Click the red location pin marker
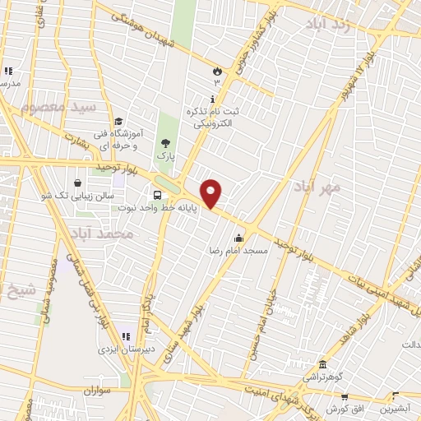coord(212,194)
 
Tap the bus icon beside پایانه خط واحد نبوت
coord(156,195)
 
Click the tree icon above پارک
coord(166,144)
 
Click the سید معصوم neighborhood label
coord(59,107)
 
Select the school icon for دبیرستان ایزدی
coord(127,335)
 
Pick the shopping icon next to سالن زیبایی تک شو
coord(77,183)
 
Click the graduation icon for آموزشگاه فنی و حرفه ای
coord(120,122)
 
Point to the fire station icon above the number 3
coord(217,72)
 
